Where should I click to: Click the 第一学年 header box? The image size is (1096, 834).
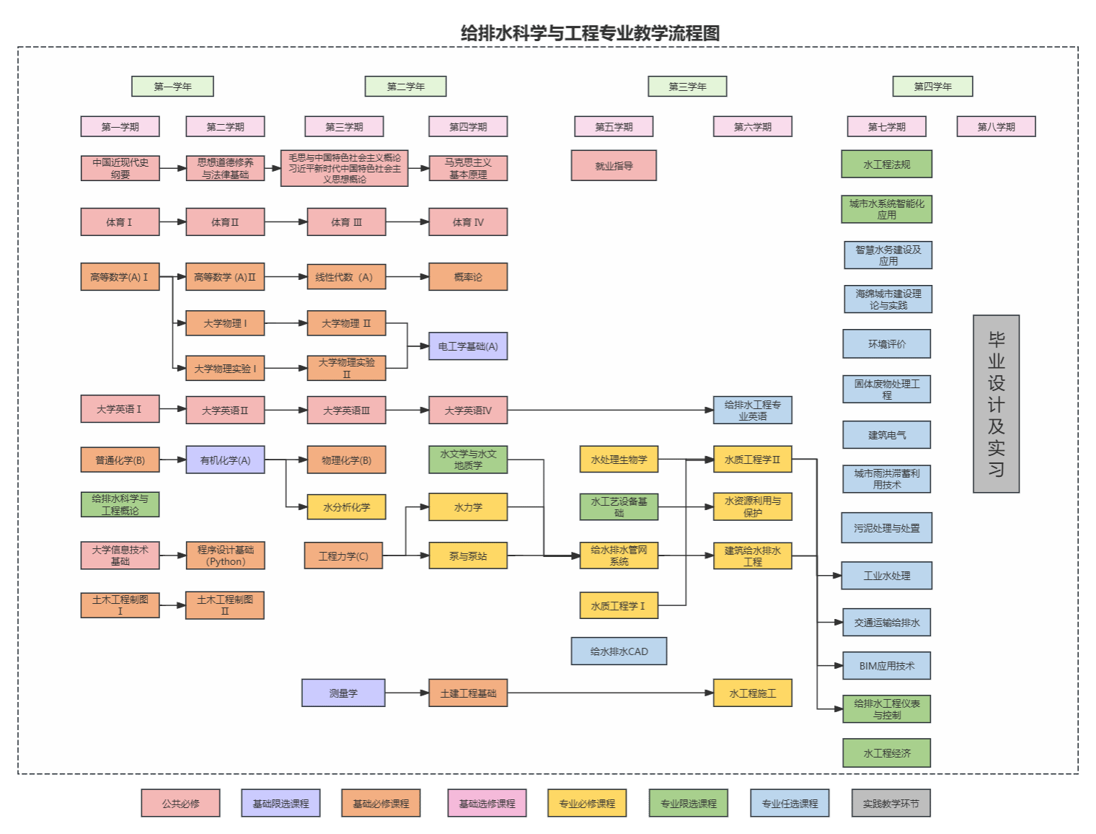(x=172, y=87)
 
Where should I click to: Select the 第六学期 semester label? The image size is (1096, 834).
(x=752, y=127)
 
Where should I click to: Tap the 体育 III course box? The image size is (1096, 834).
(x=346, y=222)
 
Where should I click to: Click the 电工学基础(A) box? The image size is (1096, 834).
(x=468, y=346)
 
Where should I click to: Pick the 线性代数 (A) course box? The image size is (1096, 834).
(x=346, y=277)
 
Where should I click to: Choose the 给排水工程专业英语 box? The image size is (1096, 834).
(x=752, y=411)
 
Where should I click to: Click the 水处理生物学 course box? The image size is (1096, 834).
(x=619, y=460)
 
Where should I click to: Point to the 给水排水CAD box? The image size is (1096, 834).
(x=619, y=651)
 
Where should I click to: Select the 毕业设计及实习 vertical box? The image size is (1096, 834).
(x=996, y=404)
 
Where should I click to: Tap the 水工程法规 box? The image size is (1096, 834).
(x=886, y=164)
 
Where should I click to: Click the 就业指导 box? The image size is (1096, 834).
(x=614, y=166)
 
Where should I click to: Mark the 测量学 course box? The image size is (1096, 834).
(x=343, y=693)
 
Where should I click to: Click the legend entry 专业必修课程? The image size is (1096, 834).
(x=587, y=804)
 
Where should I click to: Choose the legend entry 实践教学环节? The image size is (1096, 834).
(x=890, y=804)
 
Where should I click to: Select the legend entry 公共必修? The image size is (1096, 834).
(x=180, y=804)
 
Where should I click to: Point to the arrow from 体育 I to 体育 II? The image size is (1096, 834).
(x=172, y=222)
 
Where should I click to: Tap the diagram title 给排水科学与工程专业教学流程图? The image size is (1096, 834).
(x=590, y=33)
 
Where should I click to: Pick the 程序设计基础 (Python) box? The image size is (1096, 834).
(x=225, y=556)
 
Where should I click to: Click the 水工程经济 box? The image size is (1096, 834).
(x=886, y=753)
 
